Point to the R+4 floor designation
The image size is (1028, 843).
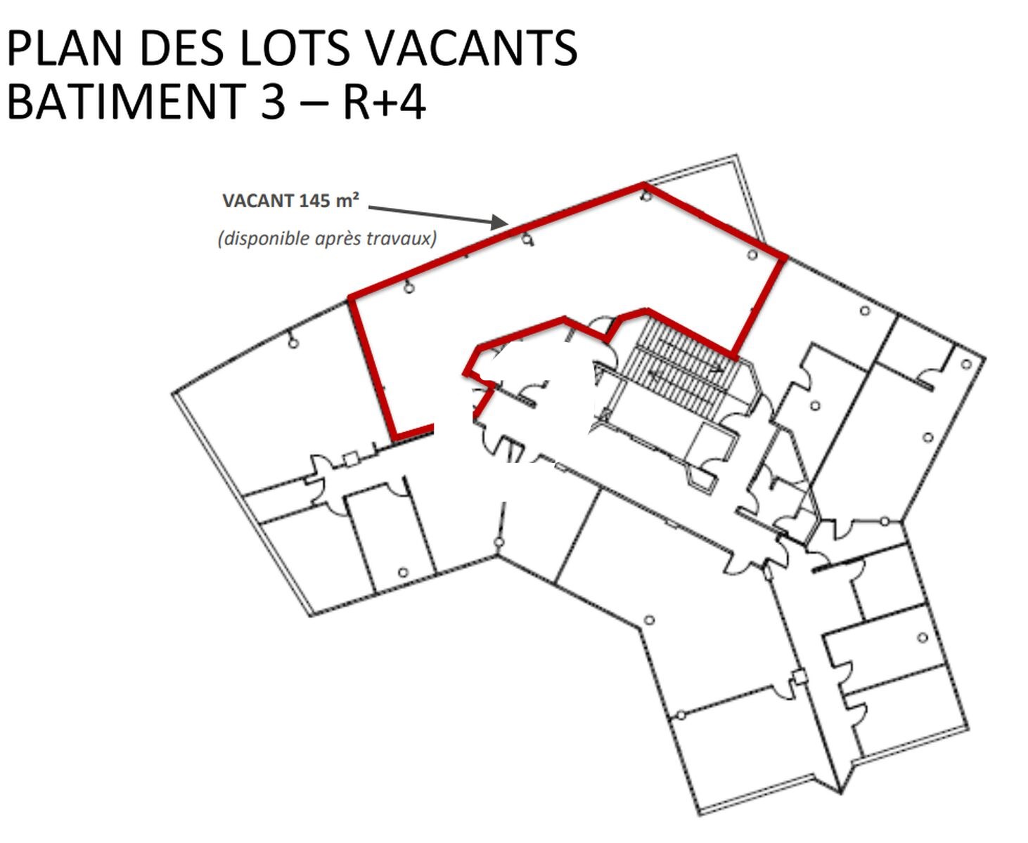(x=385, y=101)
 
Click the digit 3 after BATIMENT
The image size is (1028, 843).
(x=273, y=101)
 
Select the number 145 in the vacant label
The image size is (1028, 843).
(x=314, y=201)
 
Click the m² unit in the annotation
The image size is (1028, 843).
(x=347, y=200)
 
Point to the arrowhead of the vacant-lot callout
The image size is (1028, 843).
(x=501, y=222)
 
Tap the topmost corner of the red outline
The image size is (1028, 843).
(x=644, y=185)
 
